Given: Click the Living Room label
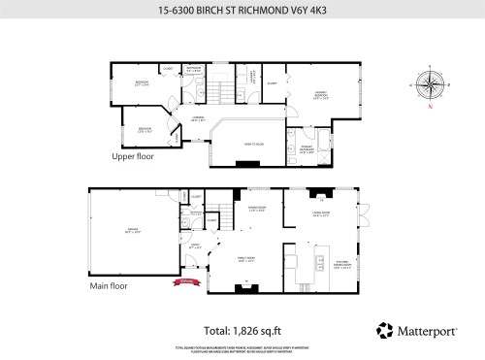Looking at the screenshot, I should click(321, 214).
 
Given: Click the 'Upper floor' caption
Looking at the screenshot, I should click(133, 155).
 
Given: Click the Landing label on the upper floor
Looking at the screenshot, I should click(198, 118).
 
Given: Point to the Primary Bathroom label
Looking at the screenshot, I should click(307, 150).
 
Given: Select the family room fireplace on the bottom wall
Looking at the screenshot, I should click(245, 284).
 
